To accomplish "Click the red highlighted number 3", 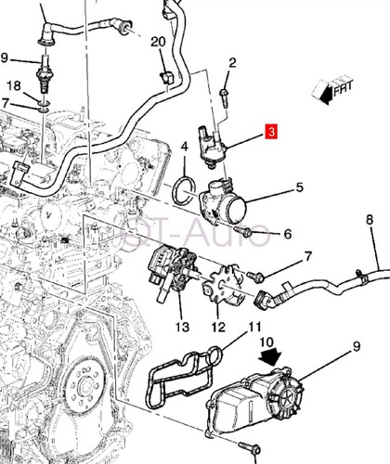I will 271,133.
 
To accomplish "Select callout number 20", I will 157,42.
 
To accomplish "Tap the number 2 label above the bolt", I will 232,63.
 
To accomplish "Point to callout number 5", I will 300,187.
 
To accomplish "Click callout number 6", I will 287,233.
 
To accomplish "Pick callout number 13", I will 182,327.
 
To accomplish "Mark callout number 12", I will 219,327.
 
